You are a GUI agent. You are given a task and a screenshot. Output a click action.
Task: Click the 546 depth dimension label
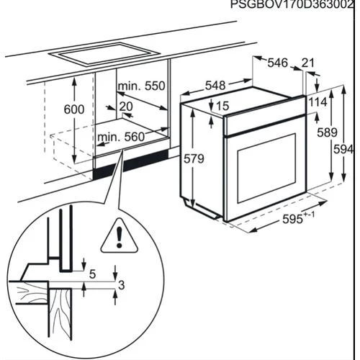pos(277,63)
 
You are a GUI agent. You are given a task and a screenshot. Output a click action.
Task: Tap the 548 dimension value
pos(215,86)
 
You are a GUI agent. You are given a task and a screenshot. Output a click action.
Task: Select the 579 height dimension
pos(194,158)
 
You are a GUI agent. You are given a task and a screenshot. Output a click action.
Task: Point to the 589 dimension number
pos(327,132)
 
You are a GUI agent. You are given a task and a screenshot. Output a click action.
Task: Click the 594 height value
pos(343,150)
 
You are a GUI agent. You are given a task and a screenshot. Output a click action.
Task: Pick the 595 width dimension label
pos(298,218)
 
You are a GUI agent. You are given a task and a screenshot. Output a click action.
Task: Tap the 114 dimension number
pos(318,102)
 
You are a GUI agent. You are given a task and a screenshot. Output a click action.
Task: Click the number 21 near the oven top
pos(307,63)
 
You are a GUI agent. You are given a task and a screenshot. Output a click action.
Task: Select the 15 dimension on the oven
pos(222,106)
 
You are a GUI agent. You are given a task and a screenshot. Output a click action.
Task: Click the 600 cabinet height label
pos(74,109)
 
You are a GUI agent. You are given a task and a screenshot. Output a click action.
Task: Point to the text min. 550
pos(142,86)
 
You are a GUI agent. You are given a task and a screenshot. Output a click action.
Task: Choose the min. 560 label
pos(121,137)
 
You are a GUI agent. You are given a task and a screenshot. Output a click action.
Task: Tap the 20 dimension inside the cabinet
pos(126,107)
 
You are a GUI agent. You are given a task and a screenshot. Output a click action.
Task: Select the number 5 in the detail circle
pos(92,274)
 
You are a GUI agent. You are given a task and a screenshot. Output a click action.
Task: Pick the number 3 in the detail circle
pos(122,285)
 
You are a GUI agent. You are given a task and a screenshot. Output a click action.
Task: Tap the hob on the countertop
pos(104,54)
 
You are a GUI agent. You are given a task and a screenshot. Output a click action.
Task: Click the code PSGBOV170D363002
pos(292,4)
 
